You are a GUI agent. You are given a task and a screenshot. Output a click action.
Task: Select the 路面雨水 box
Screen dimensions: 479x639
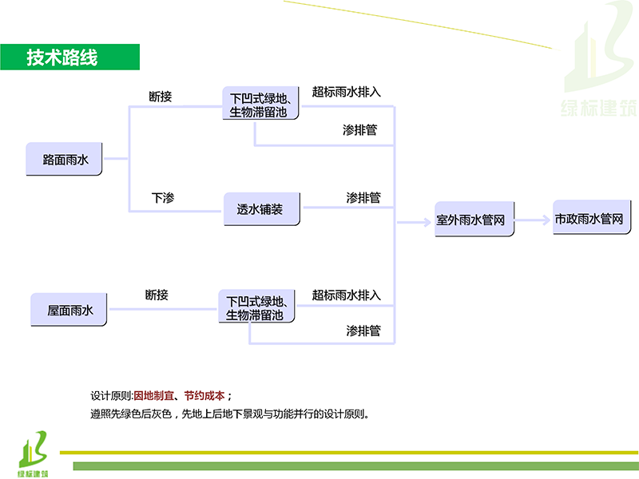65,159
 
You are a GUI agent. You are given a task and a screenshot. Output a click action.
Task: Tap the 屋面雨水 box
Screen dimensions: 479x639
69,310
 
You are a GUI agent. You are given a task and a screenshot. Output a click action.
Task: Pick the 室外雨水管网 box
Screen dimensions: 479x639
474,220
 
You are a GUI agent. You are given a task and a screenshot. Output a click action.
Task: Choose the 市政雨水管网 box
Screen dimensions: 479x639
589,218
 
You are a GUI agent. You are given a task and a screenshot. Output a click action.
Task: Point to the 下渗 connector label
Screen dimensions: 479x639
163,197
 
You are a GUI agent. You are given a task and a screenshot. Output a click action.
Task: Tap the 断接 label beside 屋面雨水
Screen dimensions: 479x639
157,295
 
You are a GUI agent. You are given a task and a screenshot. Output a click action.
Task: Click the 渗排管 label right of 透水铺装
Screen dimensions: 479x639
363,197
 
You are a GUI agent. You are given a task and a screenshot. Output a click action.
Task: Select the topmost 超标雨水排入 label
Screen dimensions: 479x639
347,92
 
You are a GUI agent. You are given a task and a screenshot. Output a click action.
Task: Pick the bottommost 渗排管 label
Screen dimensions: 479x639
363,330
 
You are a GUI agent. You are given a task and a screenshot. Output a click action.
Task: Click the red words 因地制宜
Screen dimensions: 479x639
153,396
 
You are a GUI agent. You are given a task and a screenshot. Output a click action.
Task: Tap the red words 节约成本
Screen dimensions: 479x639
204,396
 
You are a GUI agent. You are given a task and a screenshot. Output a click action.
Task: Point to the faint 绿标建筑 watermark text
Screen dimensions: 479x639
598,108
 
